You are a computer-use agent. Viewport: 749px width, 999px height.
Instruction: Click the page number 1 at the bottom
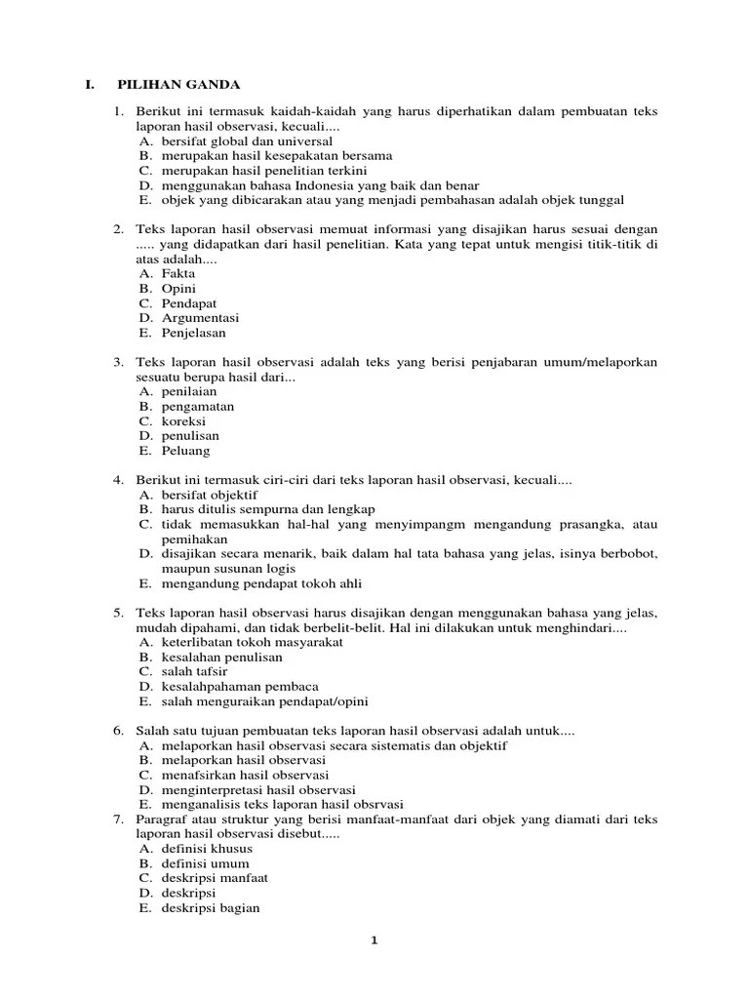tap(374, 940)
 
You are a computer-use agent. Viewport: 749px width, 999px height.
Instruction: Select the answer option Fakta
tap(178, 274)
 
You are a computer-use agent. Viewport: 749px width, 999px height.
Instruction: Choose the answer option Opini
tap(178, 289)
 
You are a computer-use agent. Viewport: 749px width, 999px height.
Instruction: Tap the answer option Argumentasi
tap(200, 318)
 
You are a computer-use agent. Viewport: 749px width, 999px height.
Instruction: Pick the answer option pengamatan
tap(198, 406)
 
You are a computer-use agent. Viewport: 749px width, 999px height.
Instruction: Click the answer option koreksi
tap(183, 421)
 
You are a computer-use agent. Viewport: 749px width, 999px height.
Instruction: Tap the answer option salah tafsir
tap(194, 671)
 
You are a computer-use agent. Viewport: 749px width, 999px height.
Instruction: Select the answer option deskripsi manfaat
tap(215, 878)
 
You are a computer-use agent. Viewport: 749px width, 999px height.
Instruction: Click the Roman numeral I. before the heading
tap(89, 85)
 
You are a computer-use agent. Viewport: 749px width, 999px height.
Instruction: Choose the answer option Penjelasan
tap(193, 333)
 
